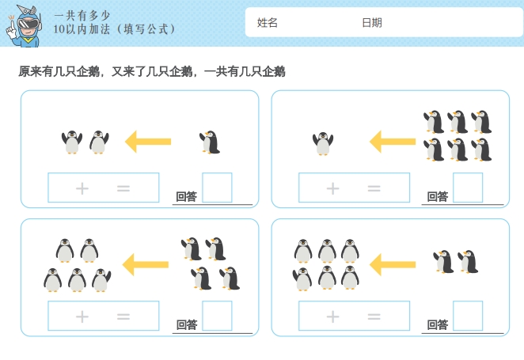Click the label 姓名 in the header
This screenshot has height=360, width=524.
click(268, 23)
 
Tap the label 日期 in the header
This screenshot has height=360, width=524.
click(372, 23)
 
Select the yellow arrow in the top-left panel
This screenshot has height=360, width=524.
click(148, 142)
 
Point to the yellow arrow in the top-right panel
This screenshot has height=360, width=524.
click(393, 142)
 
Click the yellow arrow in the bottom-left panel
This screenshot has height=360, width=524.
click(146, 264)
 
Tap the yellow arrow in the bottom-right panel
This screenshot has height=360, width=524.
click(393, 264)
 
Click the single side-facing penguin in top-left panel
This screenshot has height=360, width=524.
click(210, 142)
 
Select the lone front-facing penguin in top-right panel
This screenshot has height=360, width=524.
click(323, 143)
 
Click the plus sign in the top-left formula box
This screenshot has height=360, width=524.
click(82, 188)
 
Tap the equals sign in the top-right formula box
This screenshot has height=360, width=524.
click(374, 188)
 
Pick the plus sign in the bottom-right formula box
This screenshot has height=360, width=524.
click(333, 316)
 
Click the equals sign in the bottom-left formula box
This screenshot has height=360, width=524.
click(123, 316)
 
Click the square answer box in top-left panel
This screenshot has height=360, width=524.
click(217, 188)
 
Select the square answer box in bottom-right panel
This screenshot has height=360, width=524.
click(468, 316)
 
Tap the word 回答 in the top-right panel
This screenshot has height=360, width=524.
click(438, 196)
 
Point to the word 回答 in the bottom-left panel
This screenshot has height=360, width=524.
click(187, 324)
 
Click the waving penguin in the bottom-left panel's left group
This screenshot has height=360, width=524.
click(101, 280)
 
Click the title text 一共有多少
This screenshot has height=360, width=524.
click(82, 15)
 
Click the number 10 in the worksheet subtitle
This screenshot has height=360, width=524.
click(59, 29)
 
